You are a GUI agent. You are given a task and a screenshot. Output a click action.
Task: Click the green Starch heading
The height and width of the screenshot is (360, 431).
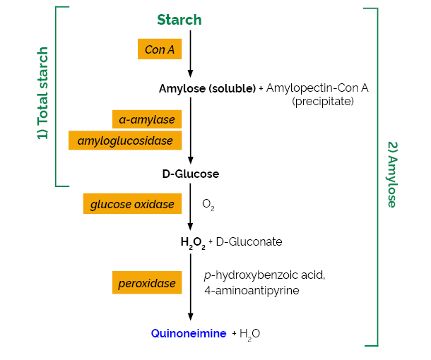179,20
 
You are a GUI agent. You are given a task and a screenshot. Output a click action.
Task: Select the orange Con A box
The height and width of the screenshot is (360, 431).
160,49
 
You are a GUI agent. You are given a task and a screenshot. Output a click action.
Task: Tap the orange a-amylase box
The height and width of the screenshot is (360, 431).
147,119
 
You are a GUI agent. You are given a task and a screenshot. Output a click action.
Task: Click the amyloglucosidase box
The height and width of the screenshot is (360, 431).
125,140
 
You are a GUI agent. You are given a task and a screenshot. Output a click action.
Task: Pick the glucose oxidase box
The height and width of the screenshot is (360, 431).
132,204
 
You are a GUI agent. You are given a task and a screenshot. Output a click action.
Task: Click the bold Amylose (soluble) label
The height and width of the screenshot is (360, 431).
207,88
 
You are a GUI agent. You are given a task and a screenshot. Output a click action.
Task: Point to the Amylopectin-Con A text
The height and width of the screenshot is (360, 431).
317,88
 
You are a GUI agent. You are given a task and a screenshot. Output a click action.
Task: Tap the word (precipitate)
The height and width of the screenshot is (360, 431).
323,102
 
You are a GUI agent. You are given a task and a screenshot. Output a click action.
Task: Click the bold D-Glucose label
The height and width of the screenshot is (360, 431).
190,174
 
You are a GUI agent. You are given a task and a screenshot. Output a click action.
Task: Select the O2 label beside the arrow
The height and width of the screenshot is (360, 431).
208,205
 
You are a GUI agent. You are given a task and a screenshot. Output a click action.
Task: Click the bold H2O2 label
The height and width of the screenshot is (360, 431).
193,242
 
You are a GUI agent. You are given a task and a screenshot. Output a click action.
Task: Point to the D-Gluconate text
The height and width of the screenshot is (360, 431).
249,241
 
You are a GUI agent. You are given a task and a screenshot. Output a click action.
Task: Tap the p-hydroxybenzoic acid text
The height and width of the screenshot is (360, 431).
264,275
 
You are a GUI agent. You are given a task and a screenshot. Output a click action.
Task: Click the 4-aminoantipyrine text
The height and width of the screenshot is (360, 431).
252,290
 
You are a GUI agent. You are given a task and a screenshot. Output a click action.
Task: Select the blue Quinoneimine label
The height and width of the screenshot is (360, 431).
189,333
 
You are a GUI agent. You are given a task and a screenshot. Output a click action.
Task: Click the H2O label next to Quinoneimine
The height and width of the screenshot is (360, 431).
249,334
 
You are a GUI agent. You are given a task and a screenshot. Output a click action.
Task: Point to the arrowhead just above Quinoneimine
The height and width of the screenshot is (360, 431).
190,317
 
